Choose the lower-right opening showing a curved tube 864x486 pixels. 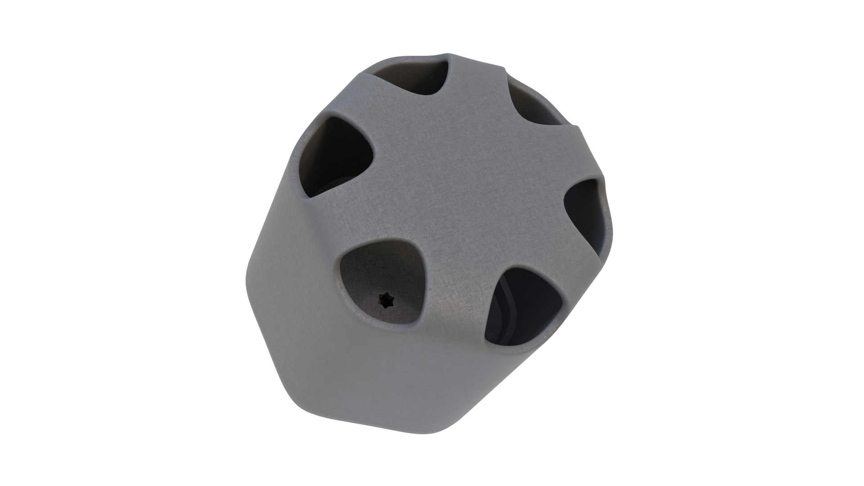click(522, 310)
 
